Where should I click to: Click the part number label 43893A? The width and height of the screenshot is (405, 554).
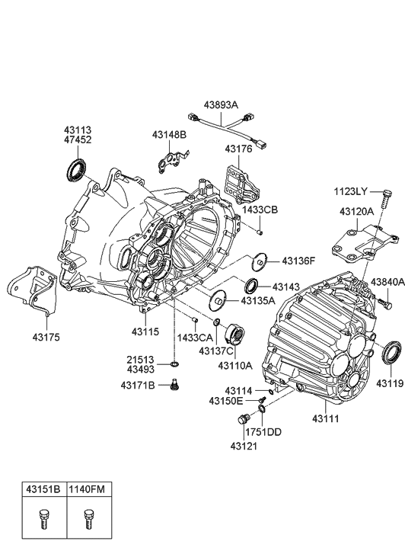220,105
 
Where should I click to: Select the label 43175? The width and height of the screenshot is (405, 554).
46,336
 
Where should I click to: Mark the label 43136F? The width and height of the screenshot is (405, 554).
298,261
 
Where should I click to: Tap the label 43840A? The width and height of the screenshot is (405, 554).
387,282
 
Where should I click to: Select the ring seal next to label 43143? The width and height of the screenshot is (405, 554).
250,287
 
